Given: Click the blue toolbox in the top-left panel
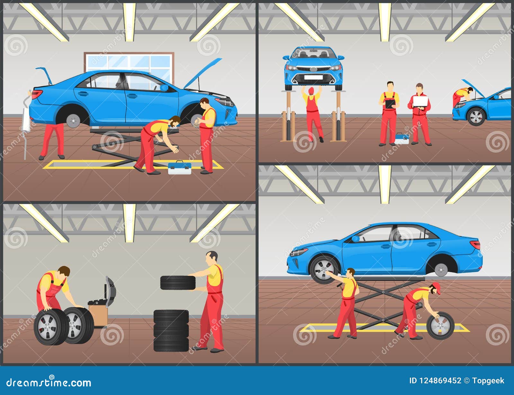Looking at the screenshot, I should click(180, 168).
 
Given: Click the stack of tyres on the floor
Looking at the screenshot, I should click(171, 330).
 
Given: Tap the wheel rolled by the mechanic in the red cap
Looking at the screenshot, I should click(440, 326).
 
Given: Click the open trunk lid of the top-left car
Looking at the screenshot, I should click(44, 75).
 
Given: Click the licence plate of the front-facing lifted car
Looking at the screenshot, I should click(313, 77).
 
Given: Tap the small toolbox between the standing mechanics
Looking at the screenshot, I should click(402, 138).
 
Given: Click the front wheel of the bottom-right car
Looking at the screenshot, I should click(324, 269).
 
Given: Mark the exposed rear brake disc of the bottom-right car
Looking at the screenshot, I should click(441, 269).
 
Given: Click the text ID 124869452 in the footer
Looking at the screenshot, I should click(435, 381).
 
